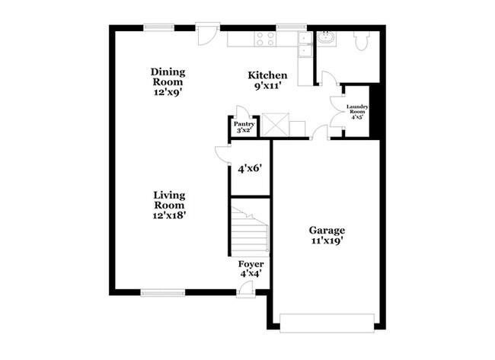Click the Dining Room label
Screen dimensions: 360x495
(168, 81)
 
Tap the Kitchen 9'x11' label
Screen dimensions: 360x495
(268, 81)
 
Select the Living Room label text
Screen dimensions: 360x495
(169, 205)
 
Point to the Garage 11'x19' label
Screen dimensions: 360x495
(327, 236)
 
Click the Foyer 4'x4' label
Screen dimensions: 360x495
(251, 267)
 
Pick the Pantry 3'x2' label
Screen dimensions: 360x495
(244, 126)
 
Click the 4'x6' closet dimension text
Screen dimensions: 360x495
(250, 168)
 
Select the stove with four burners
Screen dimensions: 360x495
(266, 38)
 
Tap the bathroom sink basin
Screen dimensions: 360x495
(326, 37)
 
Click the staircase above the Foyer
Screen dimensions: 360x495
(250, 232)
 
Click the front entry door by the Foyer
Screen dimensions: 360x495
(245, 289)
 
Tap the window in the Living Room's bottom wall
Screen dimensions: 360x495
(163, 292)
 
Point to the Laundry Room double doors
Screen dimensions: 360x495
(337, 113)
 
